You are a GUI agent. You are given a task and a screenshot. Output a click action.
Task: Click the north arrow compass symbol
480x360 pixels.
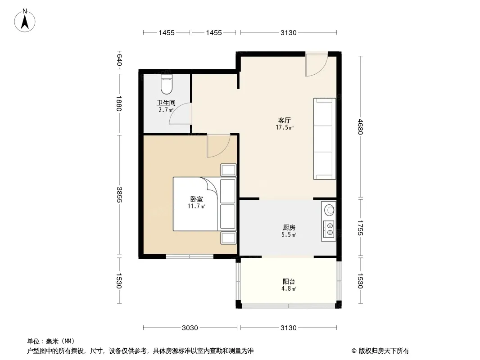tap(25, 21)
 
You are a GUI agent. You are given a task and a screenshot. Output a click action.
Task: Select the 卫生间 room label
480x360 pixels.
tap(166, 103)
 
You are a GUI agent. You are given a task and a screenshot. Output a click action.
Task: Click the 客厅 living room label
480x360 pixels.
tap(285, 120)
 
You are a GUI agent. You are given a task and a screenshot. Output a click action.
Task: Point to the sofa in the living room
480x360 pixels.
tap(325, 139)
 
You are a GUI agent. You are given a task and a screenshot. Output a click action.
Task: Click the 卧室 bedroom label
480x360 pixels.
tap(196, 199)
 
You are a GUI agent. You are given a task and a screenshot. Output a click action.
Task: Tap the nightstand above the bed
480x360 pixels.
tap(228, 170)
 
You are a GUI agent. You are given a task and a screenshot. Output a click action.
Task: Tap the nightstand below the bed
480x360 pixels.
tap(228, 238)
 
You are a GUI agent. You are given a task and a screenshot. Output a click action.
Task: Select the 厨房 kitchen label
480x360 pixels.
tap(289, 228)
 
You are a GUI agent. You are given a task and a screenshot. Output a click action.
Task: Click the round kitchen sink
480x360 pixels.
tap(330, 210)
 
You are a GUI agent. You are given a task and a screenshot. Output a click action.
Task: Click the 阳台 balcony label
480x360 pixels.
tap(289, 281)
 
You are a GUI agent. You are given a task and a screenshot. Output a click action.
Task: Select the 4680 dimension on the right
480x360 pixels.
tap(360, 126)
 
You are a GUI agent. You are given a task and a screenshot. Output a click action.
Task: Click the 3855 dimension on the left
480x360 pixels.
tap(119, 194)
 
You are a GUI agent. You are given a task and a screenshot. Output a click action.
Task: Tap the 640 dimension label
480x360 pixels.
tap(119, 60)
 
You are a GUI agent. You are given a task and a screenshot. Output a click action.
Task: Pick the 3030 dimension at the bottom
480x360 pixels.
tap(190, 328)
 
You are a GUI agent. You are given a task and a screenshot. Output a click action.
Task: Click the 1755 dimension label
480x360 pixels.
tap(360, 228)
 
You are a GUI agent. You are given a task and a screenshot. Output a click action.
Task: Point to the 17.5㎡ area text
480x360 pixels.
tap(285, 127)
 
